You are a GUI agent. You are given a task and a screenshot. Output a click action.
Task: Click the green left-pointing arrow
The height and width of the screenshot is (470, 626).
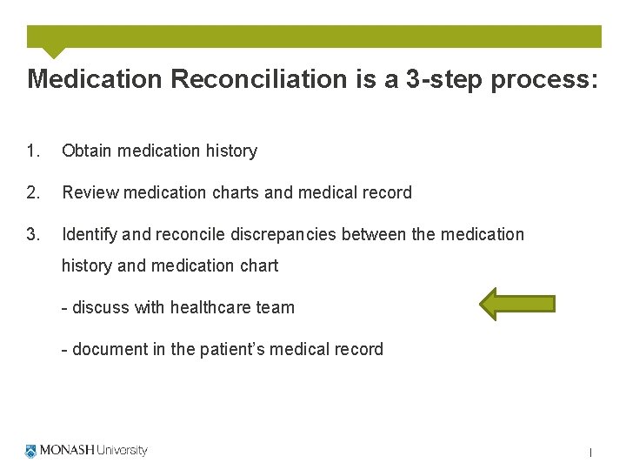tap(517, 304)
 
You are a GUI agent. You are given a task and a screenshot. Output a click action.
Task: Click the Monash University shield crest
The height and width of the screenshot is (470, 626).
tap(31, 451)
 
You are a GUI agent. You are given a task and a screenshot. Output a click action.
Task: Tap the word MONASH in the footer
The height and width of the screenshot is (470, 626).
tap(67, 451)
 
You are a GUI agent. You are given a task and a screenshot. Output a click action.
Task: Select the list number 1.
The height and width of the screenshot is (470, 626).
tap(33, 151)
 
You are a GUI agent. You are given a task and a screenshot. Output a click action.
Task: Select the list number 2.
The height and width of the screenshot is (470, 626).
tap(33, 192)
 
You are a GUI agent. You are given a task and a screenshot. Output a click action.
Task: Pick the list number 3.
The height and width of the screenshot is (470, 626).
tap(33, 234)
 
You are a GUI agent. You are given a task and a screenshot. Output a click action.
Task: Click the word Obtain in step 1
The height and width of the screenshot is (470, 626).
tap(87, 151)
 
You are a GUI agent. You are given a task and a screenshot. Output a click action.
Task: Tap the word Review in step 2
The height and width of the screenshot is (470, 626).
tap(90, 192)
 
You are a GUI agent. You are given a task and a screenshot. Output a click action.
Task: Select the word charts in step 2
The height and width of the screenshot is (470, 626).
tap(234, 192)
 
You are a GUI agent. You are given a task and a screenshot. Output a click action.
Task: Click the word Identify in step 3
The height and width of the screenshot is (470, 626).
tap(90, 234)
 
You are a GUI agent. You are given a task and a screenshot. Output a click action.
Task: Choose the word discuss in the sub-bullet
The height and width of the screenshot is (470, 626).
tap(100, 307)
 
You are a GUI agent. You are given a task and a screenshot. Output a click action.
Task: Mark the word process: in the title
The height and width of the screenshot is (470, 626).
tap(545, 79)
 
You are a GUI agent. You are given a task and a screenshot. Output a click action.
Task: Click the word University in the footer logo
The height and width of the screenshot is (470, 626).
tap(122, 451)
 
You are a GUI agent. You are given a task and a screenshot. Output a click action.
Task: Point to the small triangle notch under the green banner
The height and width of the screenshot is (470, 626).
tap(54, 52)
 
